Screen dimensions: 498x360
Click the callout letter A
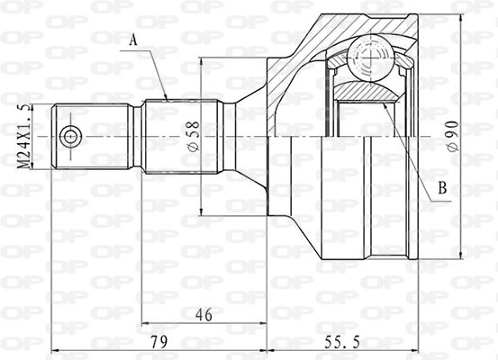(x=134, y=40)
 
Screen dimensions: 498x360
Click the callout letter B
(x=442, y=187)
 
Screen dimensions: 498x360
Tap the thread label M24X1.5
(x=25, y=136)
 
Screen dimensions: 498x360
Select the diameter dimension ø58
(x=194, y=136)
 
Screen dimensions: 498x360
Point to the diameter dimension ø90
(x=453, y=136)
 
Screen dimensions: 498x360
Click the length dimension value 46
(x=204, y=315)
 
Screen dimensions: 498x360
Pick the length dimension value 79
(x=158, y=342)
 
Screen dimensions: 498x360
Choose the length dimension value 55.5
(x=342, y=342)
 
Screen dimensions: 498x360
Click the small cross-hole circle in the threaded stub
(x=70, y=137)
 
